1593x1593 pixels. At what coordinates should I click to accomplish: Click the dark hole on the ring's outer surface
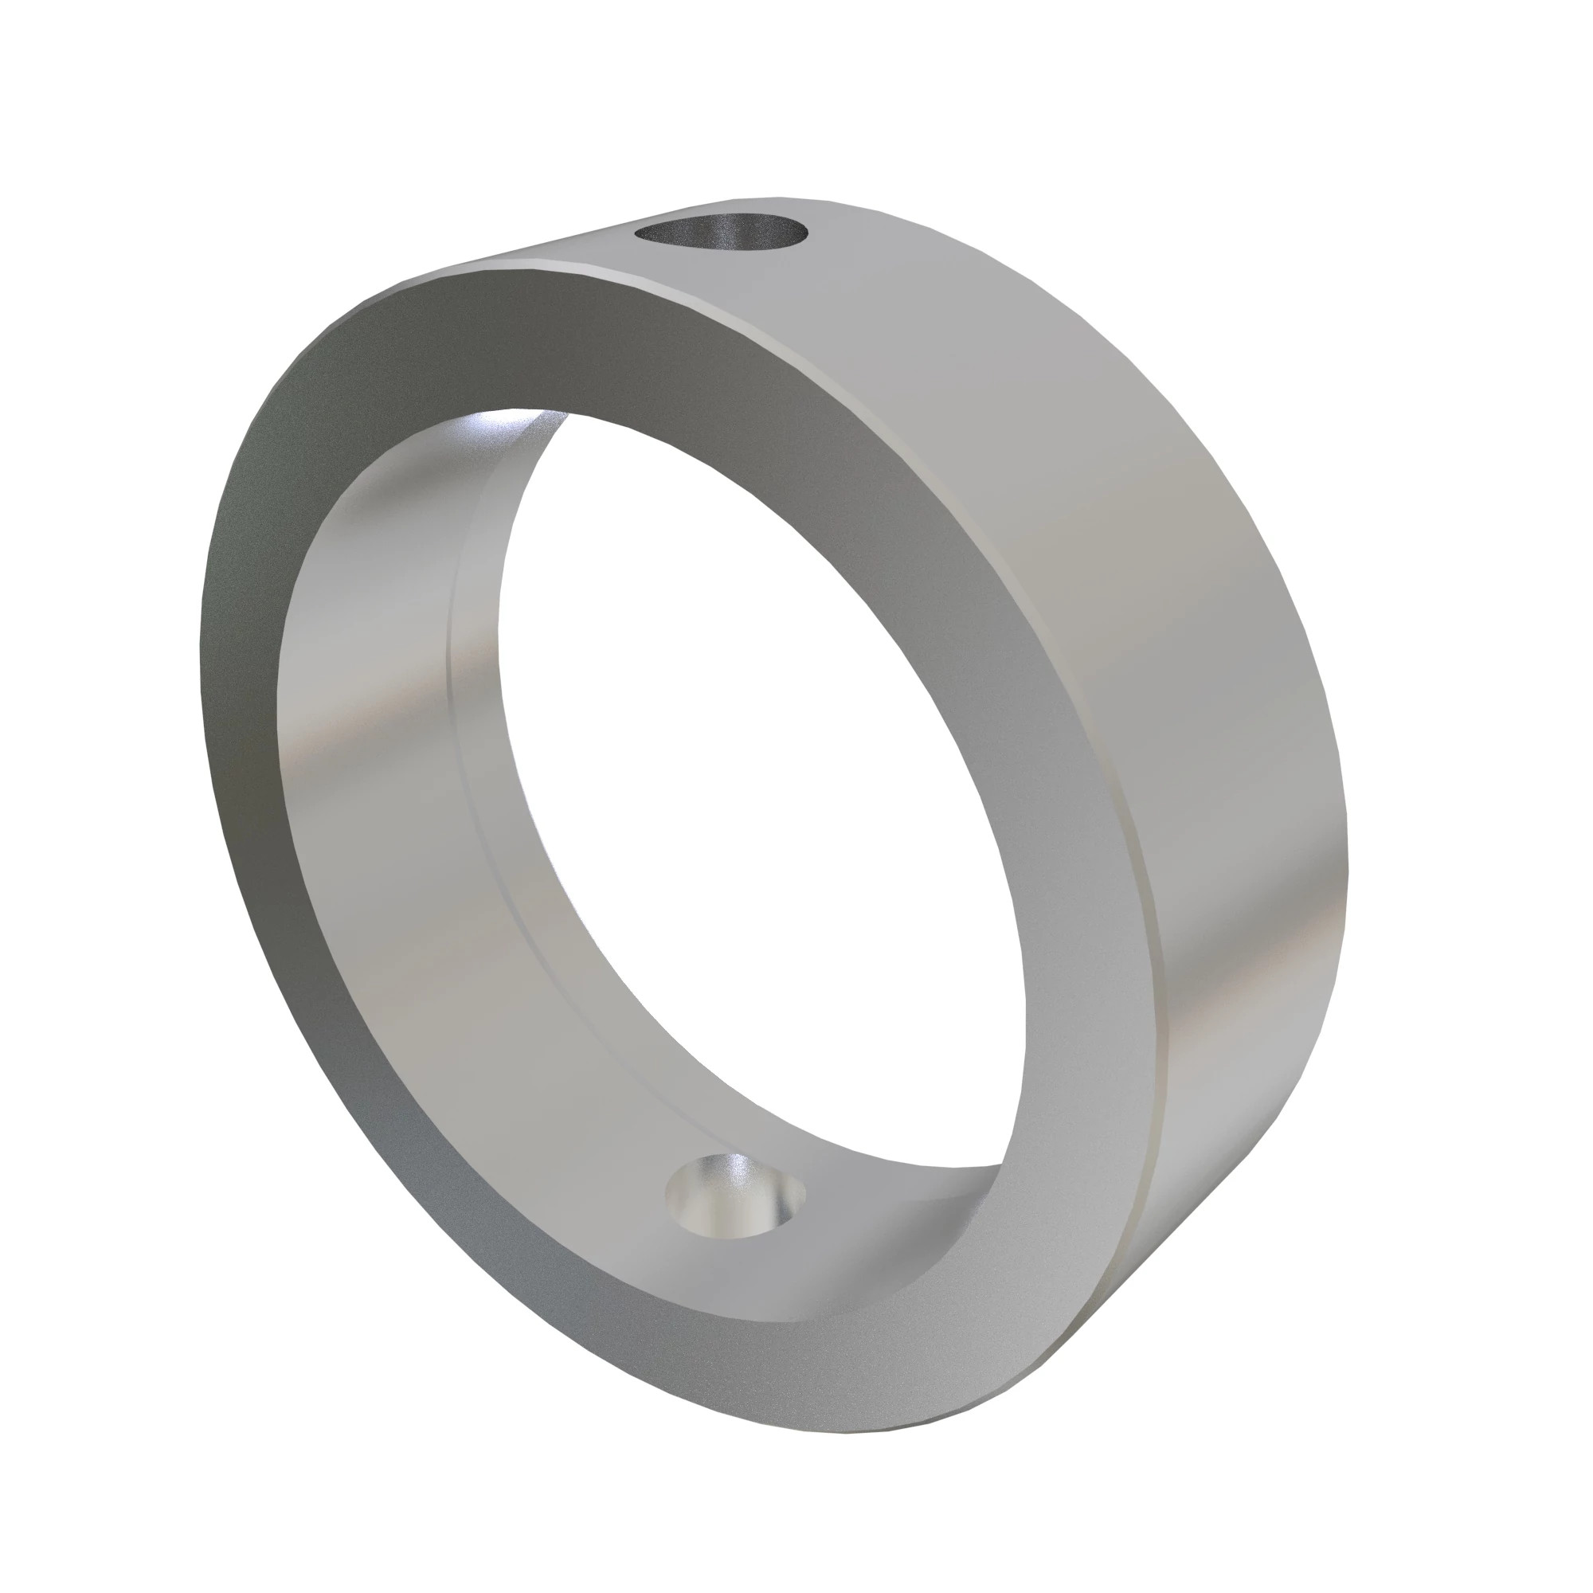pyautogui.click(x=721, y=233)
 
